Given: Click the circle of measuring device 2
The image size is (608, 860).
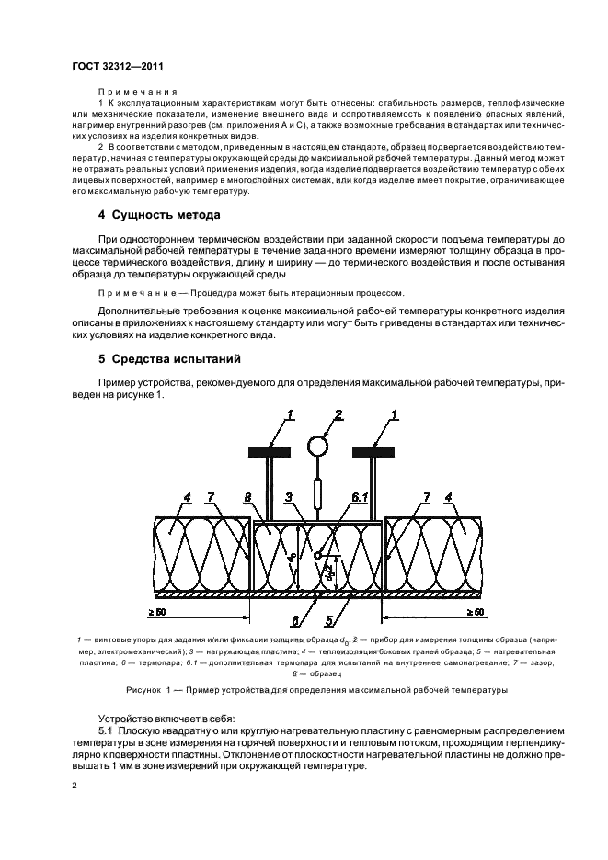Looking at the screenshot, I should click(x=318, y=447).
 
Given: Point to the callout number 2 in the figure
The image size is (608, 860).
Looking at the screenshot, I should click(x=338, y=415).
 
